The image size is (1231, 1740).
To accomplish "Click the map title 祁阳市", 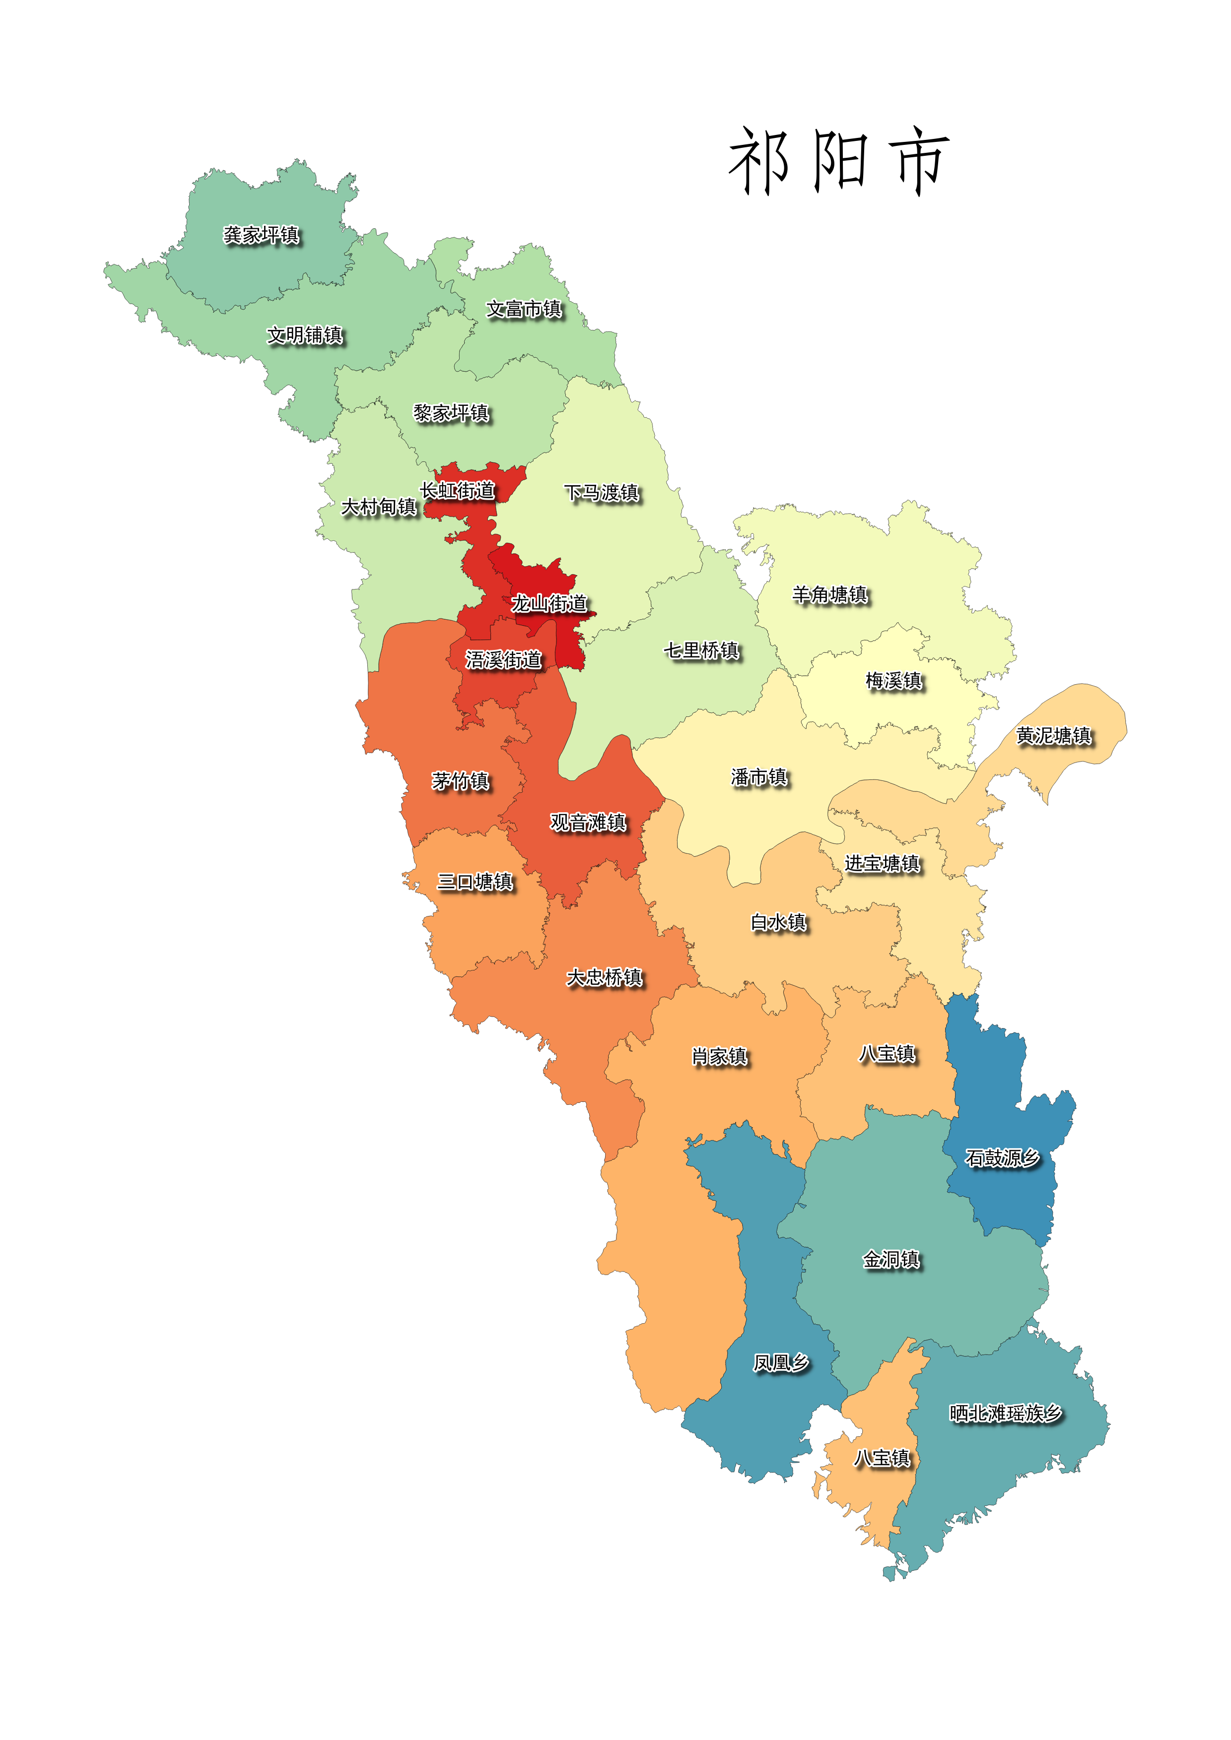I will click(838, 160).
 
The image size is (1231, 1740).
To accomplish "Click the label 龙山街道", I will click(549, 603).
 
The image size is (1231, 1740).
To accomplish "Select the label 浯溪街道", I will click(503, 659).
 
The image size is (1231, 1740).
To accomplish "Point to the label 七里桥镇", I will click(701, 650).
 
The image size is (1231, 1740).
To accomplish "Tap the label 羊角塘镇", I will click(830, 594).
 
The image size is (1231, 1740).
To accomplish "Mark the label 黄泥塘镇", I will click(1054, 735).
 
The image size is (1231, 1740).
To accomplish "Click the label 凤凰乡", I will click(781, 1362).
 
